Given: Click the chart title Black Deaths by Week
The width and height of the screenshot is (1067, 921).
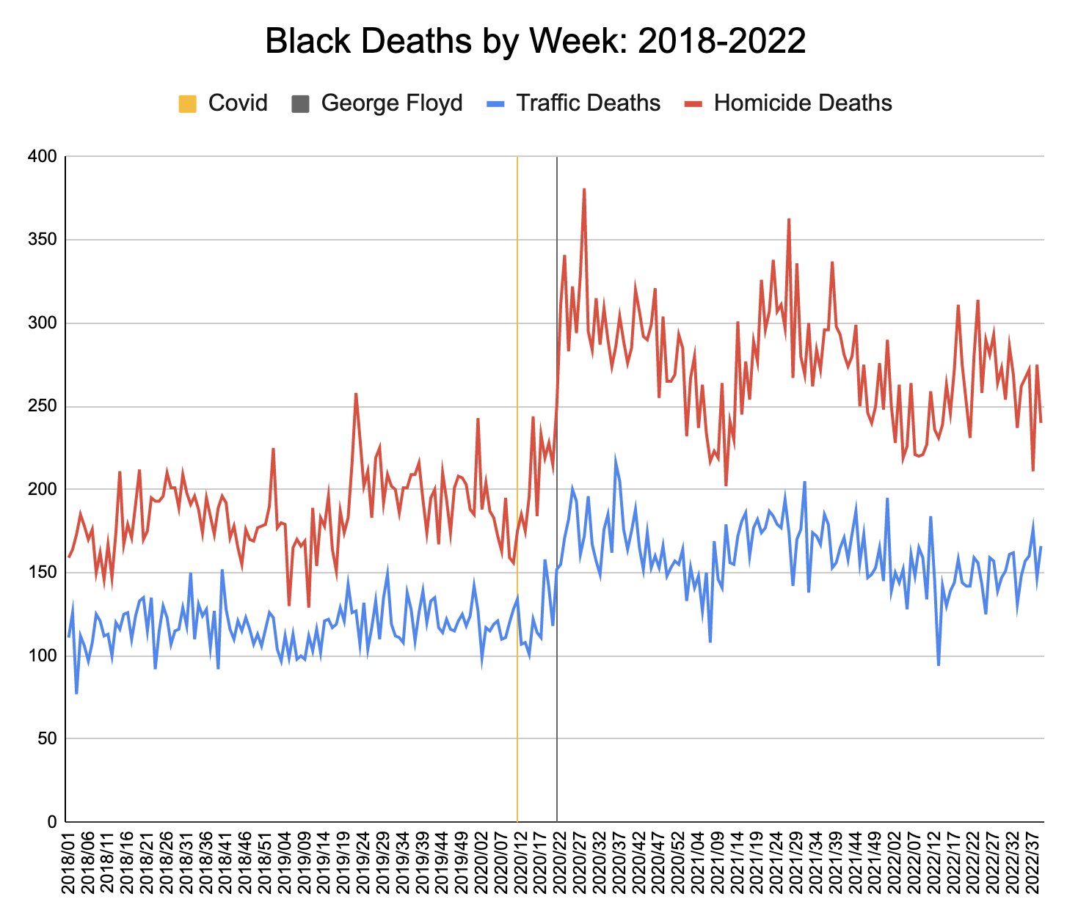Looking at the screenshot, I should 535,42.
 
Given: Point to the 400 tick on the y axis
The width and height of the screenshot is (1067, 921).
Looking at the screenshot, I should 43,157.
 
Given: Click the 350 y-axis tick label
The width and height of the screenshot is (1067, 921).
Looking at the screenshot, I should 43,240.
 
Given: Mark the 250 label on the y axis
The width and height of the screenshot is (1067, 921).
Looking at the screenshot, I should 43,406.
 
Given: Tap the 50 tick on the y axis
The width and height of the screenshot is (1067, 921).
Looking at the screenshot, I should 47,738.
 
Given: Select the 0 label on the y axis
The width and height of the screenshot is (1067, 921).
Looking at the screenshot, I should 51,822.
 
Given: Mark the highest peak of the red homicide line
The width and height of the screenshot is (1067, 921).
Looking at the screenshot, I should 584,189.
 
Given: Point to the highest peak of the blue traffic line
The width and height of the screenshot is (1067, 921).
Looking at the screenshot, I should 616,458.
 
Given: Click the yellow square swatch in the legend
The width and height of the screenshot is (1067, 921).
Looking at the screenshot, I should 188,103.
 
